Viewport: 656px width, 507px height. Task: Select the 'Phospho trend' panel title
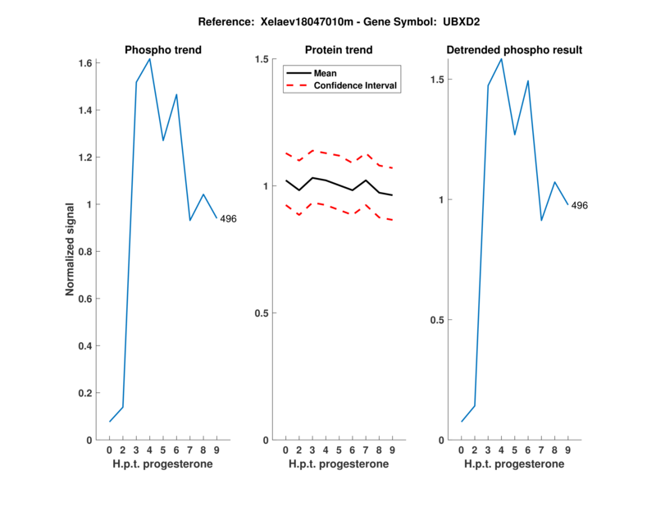click(163, 50)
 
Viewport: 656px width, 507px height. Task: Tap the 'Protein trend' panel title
click(339, 50)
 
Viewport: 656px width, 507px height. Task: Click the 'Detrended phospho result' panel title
click(514, 50)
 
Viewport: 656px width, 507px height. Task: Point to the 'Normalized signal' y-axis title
click(71, 249)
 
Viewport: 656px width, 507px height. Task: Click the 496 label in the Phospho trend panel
click(228, 218)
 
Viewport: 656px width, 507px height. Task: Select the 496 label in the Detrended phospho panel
click(579, 205)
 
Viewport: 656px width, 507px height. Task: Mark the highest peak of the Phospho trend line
click(149, 58)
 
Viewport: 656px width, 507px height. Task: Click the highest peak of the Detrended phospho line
click(501, 58)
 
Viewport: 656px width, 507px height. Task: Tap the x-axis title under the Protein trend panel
click(339, 464)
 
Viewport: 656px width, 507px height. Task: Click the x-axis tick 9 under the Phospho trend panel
click(216, 450)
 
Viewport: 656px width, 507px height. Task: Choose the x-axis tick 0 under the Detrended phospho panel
click(461, 450)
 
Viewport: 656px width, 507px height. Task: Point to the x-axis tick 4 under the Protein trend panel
click(326, 450)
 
